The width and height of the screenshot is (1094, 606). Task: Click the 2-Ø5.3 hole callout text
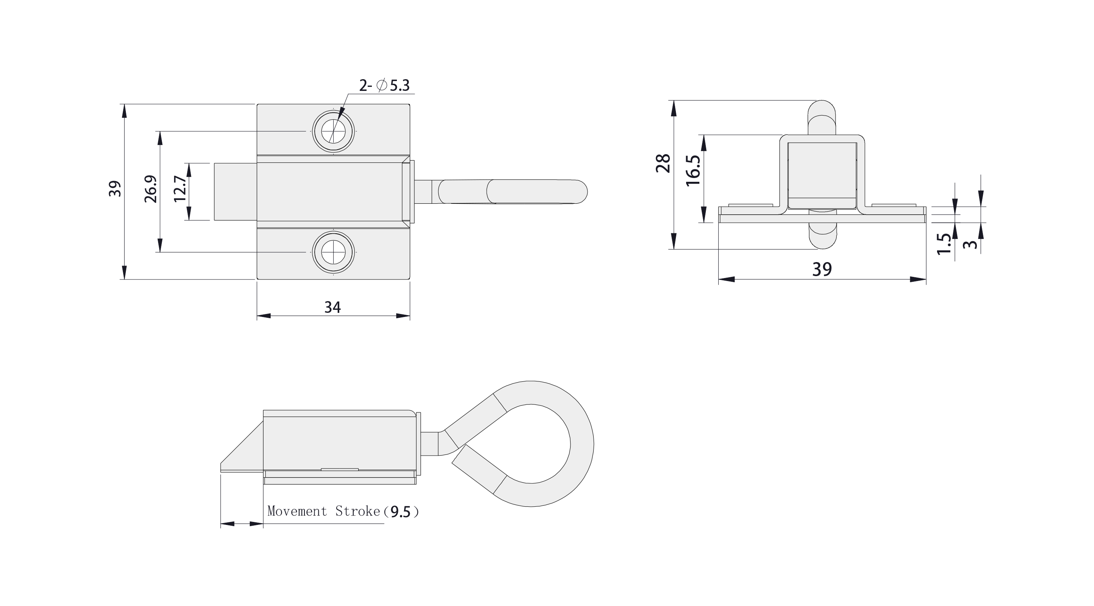(384, 85)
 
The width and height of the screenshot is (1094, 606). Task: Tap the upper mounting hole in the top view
(333, 131)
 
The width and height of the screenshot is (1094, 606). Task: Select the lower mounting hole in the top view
(333, 252)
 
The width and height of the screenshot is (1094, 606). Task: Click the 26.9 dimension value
(150, 189)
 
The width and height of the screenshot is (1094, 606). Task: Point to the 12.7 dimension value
(180, 189)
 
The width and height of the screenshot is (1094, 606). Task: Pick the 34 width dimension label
(332, 307)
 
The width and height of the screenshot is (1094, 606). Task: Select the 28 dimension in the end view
(663, 163)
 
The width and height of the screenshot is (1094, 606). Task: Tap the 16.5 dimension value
(693, 170)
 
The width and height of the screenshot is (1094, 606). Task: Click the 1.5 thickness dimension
(944, 244)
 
